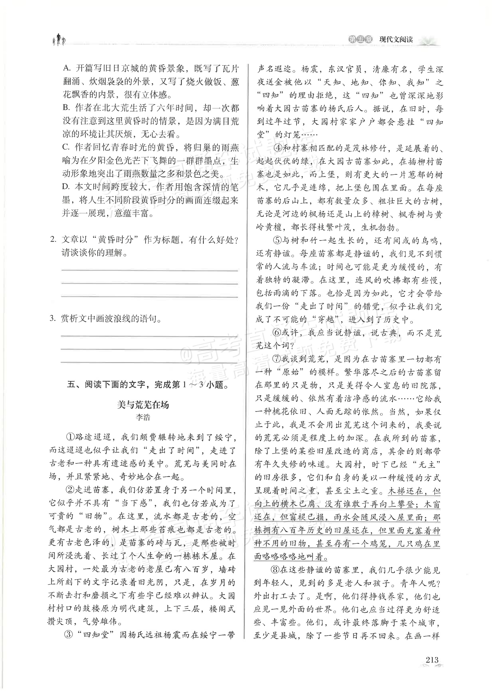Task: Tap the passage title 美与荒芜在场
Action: [143, 405]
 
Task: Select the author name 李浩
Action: [143, 417]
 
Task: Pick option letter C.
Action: [66, 147]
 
